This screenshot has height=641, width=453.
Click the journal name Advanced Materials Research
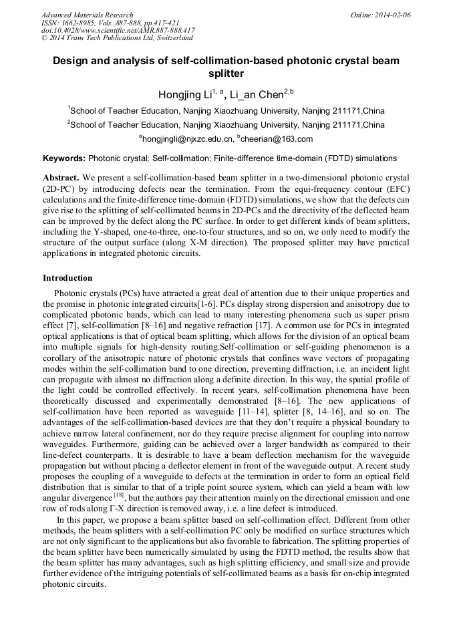[x=87, y=15]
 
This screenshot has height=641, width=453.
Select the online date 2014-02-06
[x=392, y=15]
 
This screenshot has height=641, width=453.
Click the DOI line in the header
[x=118, y=31]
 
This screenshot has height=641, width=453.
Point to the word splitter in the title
[x=226, y=74]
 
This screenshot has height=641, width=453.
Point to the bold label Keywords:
[x=63, y=158]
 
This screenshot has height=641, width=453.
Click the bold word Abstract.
[x=61, y=178]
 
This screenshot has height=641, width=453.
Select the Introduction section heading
[x=67, y=277]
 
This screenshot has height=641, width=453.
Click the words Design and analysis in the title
[x=98, y=61]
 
